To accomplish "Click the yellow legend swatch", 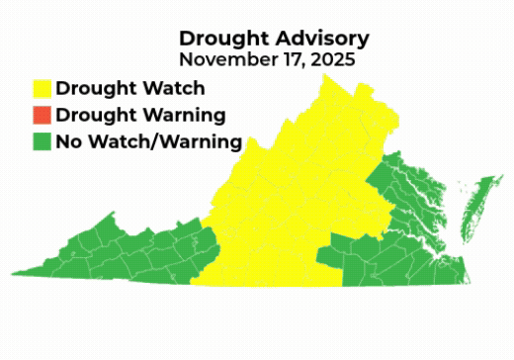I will pos(41,89).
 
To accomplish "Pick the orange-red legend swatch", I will pos(41,116).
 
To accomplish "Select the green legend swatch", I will pos(41,142).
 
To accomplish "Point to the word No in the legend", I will pos(68,142).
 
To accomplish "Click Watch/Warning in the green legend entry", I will pos(164,142).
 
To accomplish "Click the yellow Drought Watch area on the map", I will pos(287,198).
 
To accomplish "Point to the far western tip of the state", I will pos(15,272).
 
